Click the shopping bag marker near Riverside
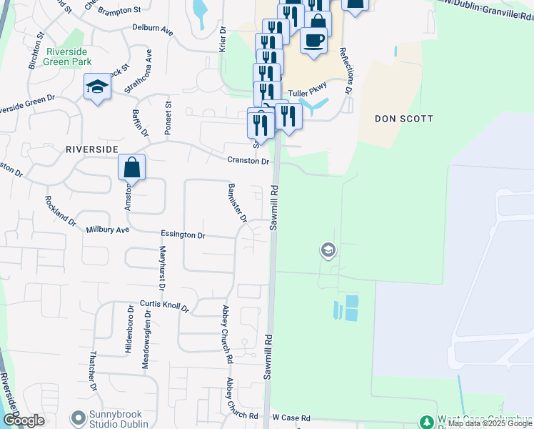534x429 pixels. pyautogui.click(x=132, y=168)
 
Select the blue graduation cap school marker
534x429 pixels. pyautogui.click(x=97, y=87)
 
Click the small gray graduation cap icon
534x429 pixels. pyautogui.click(x=328, y=250)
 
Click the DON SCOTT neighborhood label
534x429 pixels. pyautogui.click(x=404, y=119)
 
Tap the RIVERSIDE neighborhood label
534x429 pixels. pyautogui.click(x=91, y=149)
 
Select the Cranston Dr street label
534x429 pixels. pyautogui.click(x=248, y=162)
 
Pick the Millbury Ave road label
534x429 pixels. pyautogui.click(x=107, y=230)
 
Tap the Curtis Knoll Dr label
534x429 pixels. pyautogui.click(x=163, y=306)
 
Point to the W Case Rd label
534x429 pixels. pyautogui.click(x=291, y=418)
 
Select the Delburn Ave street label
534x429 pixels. pyautogui.click(x=153, y=30)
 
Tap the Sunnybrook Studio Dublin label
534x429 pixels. pyautogui.click(x=121, y=418)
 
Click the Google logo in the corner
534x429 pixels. pyautogui.click(x=24, y=420)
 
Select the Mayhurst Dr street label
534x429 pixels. pyautogui.click(x=162, y=267)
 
